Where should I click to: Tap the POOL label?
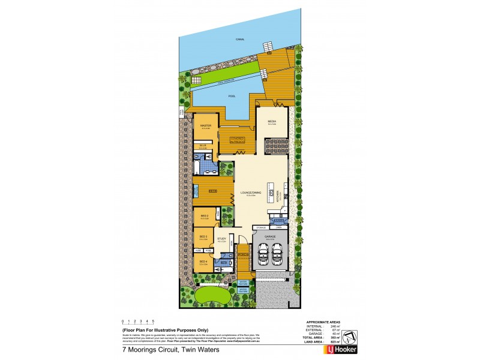coord(232,96)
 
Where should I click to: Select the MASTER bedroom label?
coord(205,125)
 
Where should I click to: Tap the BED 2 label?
coord(204,215)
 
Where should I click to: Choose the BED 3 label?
coord(203,237)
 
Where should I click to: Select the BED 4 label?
coord(203,262)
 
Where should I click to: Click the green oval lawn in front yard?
coord(209,295)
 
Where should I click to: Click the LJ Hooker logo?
coord(340,349)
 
